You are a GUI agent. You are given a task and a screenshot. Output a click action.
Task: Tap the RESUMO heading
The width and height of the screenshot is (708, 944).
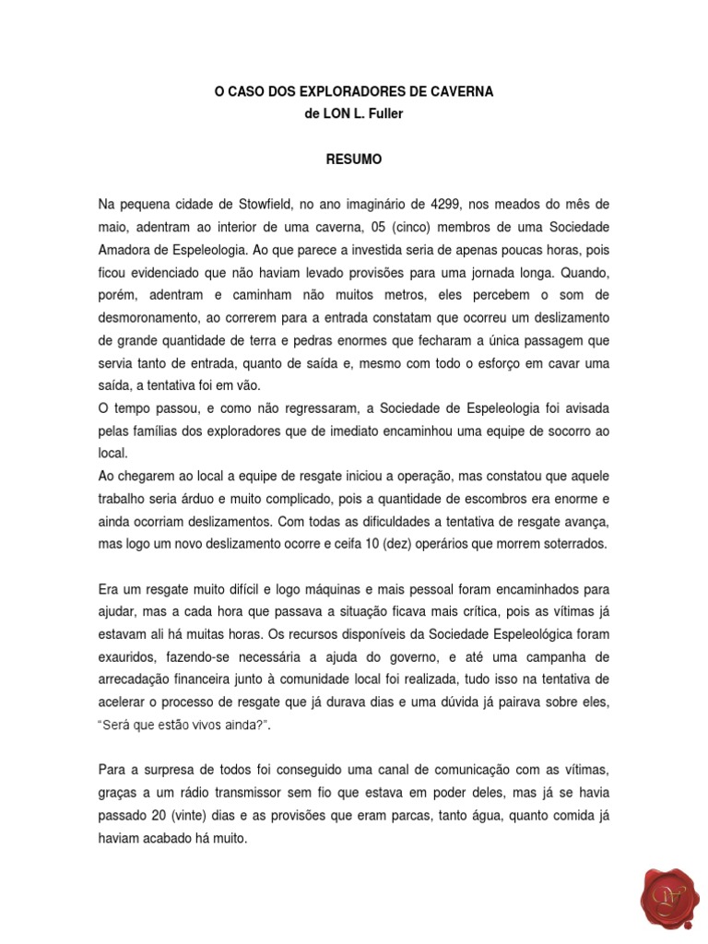(x=353, y=159)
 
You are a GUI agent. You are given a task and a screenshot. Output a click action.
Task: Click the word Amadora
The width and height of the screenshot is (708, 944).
(x=126, y=250)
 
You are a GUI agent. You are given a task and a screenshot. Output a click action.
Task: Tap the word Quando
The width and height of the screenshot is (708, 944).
(x=579, y=272)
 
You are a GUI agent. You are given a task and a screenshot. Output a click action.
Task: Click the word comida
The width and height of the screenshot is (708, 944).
(x=555, y=816)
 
